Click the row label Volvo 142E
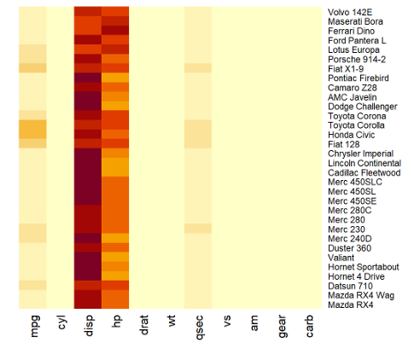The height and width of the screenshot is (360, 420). click(x=350, y=11)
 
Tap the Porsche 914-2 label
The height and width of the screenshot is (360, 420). click(x=357, y=59)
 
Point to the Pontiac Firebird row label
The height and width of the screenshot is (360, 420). click(x=359, y=78)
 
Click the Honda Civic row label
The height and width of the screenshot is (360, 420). click(x=350, y=134)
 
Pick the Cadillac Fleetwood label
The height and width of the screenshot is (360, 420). click(x=363, y=172)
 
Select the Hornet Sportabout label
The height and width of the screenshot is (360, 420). click(x=363, y=266)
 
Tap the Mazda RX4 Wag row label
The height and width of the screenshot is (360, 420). click(x=359, y=295)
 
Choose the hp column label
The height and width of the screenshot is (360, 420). click(x=116, y=328)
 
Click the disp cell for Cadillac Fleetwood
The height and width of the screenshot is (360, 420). click(x=88, y=172)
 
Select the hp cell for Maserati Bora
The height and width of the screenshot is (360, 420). click(x=115, y=20)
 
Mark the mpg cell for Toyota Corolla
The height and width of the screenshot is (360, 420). click(x=33, y=125)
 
